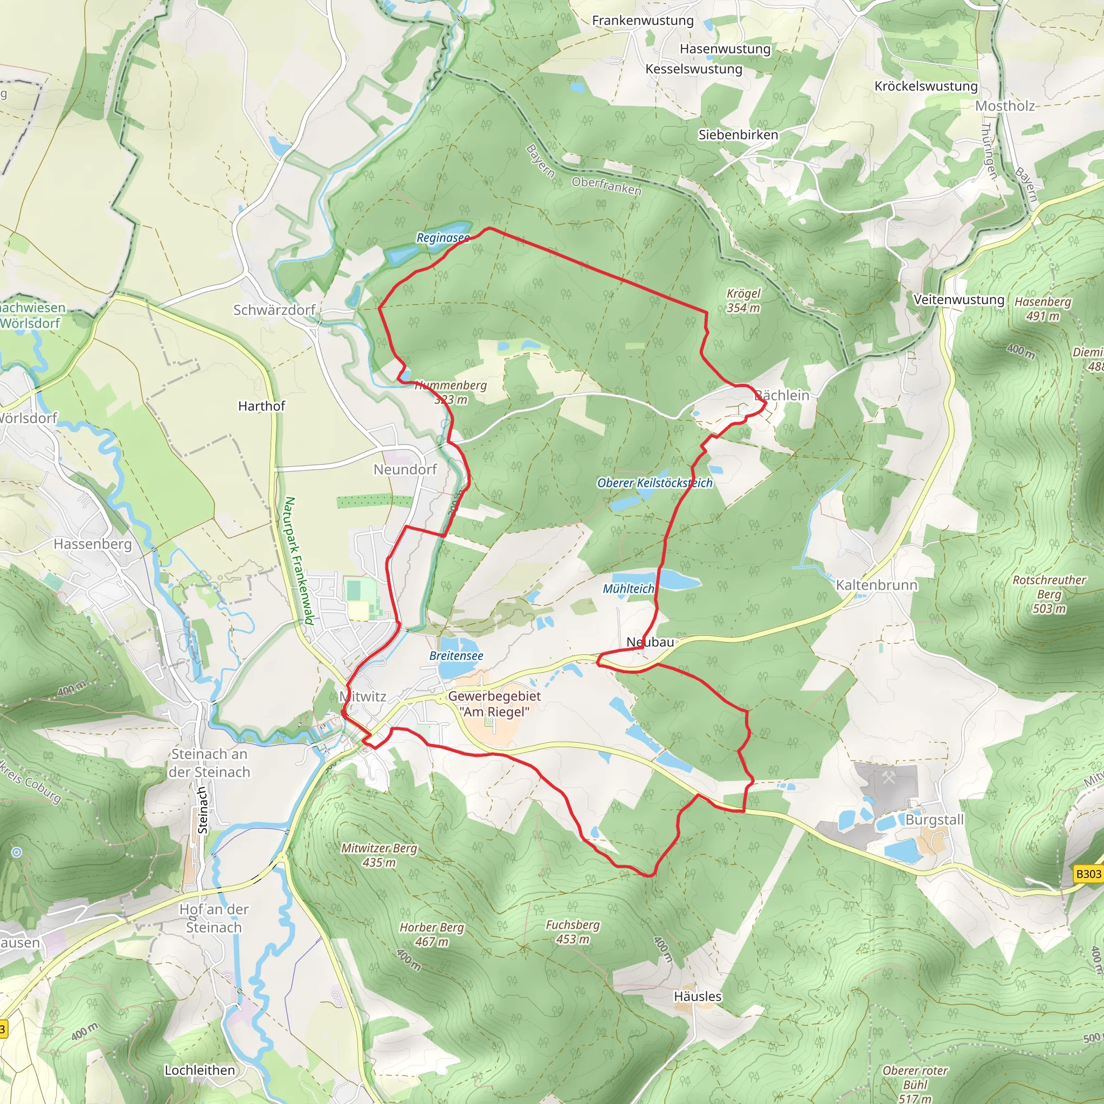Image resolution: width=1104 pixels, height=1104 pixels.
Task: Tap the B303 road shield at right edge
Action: pyautogui.click(x=1087, y=874)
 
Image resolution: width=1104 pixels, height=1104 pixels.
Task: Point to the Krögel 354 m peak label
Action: pyautogui.click(x=743, y=301)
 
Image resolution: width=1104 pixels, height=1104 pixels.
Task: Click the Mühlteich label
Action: pyautogui.click(x=628, y=589)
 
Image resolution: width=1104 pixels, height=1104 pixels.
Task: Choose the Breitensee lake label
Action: pyautogui.click(x=456, y=656)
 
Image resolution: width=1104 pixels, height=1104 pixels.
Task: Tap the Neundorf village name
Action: pyautogui.click(x=405, y=469)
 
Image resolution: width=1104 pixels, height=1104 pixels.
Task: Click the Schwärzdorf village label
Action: pyautogui.click(x=274, y=310)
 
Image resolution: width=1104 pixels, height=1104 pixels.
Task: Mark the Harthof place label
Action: pyautogui.click(x=261, y=406)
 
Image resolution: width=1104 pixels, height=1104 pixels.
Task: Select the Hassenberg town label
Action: pyautogui.click(x=93, y=543)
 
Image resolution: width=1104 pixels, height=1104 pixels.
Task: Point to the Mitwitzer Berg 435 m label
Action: pyautogui.click(x=379, y=855)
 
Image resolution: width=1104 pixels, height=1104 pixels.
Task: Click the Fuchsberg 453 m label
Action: pyautogui.click(x=572, y=931)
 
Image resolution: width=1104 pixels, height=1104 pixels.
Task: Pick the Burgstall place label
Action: pyautogui.click(x=934, y=819)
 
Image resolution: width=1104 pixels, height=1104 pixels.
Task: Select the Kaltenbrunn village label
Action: pyautogui.click(x=876, y=585)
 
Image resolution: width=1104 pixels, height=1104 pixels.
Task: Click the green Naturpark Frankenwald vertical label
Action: pyautogui.click(x=299, y=561)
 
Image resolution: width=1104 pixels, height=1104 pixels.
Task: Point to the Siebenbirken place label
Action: pyautogui.click(x=738, y=135)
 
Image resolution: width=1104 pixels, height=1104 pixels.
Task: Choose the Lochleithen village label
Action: pyautogui.click(x=199, y=1070)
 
